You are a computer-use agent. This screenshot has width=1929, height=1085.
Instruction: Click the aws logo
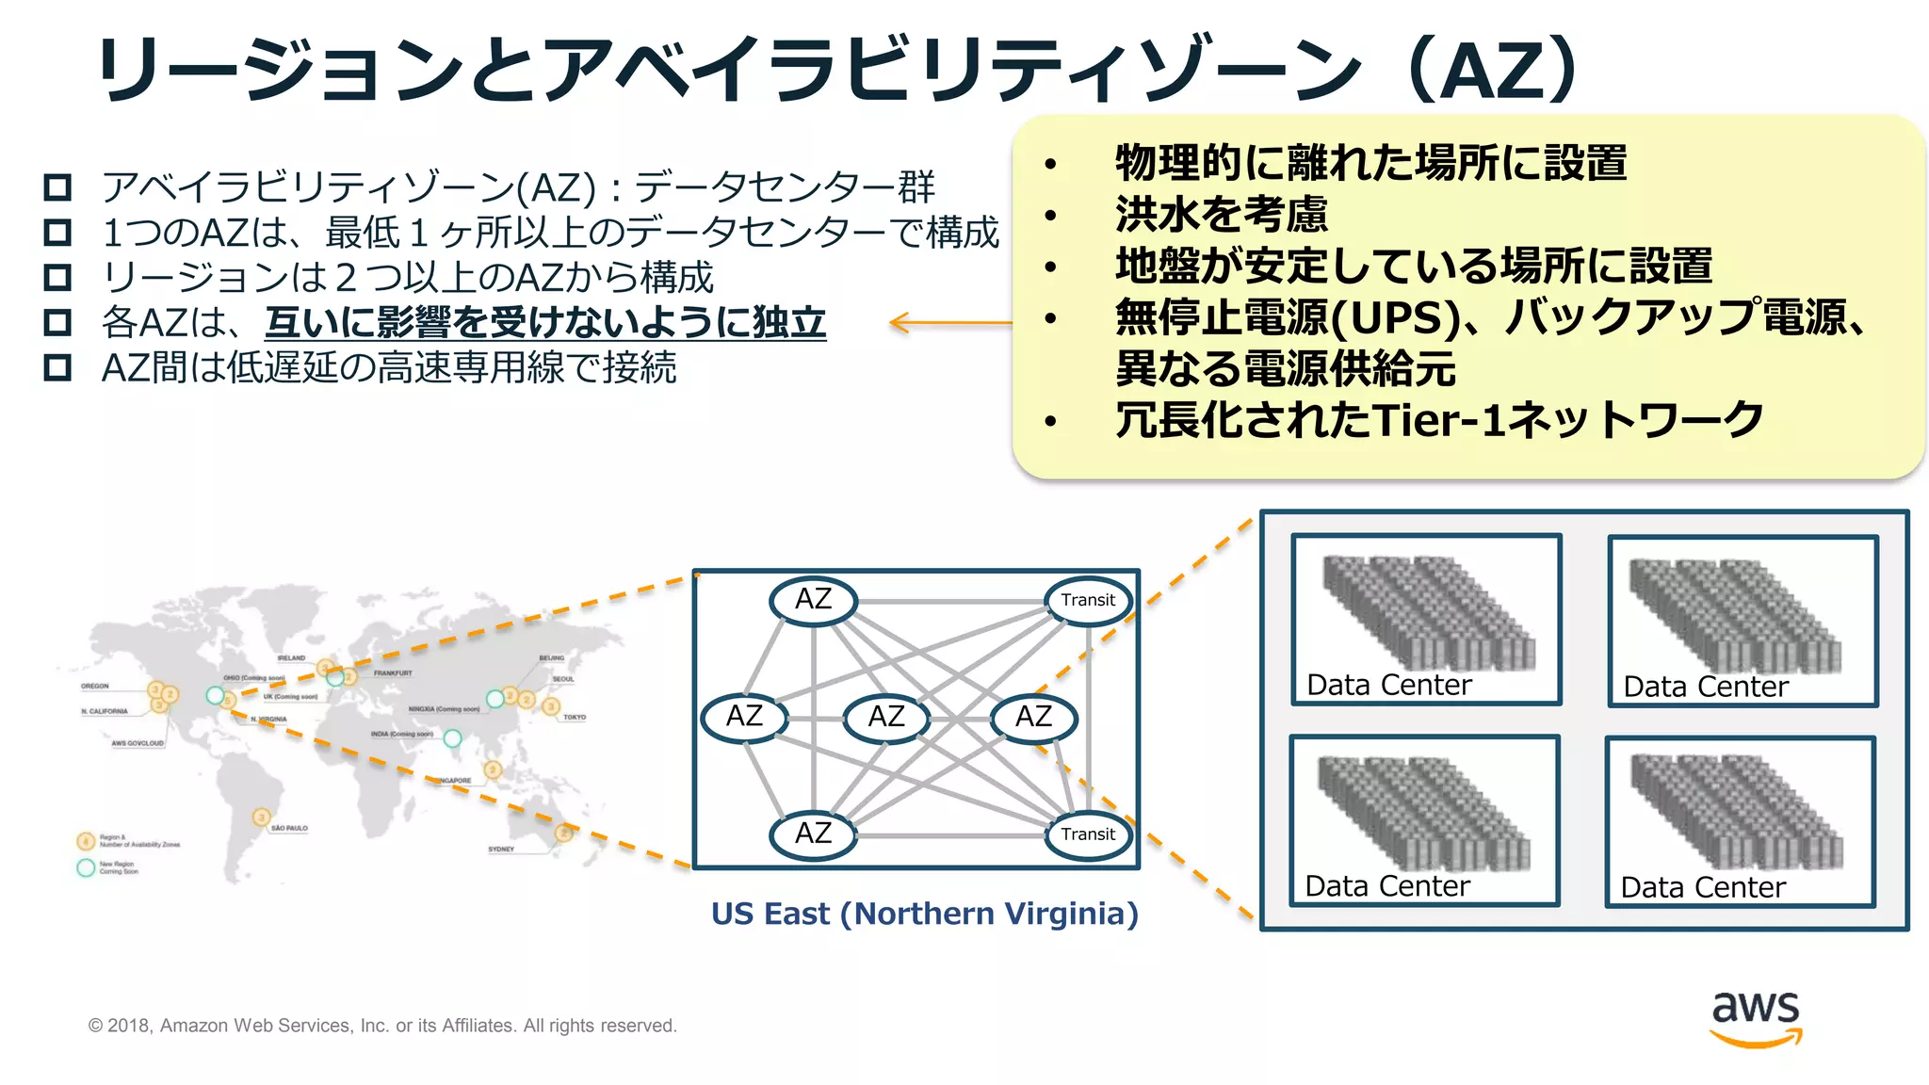(1756, 1018)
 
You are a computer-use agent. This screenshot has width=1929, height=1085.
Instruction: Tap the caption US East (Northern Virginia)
(924, 914)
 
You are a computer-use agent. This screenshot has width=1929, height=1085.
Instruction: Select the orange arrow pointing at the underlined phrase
(949, 323)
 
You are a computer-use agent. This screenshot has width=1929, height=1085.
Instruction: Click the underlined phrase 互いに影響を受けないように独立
(545, 323)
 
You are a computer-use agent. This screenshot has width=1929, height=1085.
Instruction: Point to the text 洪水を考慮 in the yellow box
(1221, 215)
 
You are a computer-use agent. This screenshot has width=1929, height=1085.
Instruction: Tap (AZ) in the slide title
(1492, 69)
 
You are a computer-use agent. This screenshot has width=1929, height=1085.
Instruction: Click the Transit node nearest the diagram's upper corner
(1088, 600)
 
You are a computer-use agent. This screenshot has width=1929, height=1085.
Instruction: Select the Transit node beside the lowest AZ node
(1088, 834)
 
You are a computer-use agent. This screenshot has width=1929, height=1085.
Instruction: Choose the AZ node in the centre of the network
(885, 717)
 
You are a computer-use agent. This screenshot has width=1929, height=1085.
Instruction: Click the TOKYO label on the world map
(575, 718)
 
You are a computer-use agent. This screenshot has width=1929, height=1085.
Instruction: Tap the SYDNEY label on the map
(501, 850)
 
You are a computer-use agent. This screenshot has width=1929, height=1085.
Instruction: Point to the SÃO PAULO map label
(289, 829)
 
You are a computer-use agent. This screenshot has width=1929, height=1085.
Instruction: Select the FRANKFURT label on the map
(393, 673)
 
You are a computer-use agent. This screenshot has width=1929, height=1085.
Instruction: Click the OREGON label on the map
(95, 687)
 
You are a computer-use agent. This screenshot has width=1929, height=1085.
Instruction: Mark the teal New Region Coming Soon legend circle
(86, 867)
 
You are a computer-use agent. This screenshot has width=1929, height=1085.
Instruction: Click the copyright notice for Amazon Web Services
(382, 1026)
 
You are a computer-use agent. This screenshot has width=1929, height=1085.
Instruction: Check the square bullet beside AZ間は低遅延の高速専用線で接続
(57, 367)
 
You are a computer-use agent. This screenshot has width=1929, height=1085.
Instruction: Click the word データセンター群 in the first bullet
(785, 186)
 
